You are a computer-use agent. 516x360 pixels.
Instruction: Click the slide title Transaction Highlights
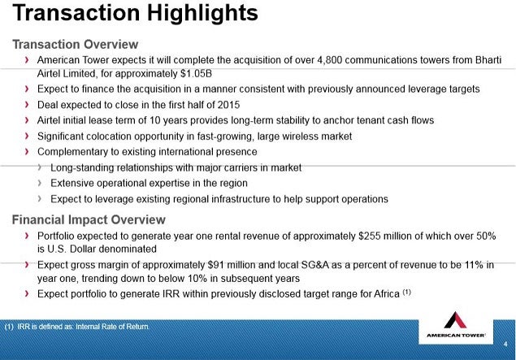[135, 13]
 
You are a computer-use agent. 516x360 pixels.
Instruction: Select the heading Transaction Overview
[76, 45]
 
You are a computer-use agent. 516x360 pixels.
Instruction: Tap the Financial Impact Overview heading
[89, 219]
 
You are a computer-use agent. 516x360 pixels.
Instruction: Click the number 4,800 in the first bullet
[330, 60]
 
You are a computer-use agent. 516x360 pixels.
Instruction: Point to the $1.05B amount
[196, 73]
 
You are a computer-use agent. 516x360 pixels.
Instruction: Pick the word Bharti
[488, 60]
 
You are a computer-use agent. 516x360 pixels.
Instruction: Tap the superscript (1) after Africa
[407, 292]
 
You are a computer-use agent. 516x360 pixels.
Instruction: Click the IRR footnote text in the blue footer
[77, 327]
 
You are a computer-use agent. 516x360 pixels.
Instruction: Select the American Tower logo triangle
[455, 320]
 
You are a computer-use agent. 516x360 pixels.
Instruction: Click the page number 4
[505, 345]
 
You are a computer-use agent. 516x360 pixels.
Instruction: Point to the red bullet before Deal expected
[27, 105]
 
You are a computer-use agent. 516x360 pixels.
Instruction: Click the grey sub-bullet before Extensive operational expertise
[40, 183]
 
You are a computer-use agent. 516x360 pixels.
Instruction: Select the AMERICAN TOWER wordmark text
[456, 336]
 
